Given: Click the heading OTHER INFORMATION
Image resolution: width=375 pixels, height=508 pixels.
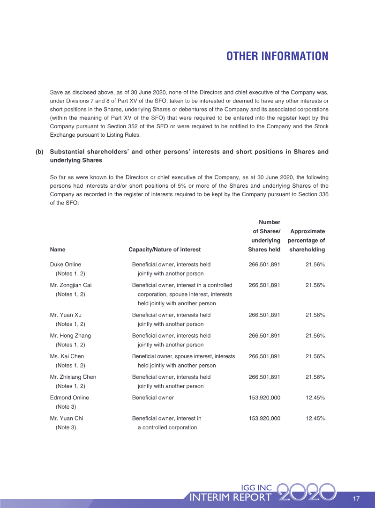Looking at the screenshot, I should pos(277,56).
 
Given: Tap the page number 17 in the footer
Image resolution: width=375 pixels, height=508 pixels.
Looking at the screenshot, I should pos(356,498).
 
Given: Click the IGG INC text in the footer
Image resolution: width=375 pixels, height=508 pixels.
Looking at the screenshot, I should pos(256,488).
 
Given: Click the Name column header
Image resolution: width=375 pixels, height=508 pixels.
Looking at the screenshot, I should pos(58,250).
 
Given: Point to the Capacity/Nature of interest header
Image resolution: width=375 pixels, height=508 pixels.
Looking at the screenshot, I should pos(165,250).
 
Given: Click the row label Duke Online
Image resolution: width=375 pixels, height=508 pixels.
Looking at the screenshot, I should pos(66,265).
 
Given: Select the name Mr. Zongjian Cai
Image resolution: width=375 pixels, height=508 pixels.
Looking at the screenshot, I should pos(71,285).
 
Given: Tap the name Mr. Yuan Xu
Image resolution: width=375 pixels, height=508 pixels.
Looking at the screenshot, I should pos(66,315).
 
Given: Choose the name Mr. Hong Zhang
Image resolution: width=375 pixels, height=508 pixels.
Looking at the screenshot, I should pos(70,336).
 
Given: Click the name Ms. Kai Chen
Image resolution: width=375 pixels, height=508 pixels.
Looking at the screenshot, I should pos(67,356).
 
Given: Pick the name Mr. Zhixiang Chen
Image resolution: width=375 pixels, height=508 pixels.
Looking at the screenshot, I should pos(73,377).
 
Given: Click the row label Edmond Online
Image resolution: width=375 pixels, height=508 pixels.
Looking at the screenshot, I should pos(69,398).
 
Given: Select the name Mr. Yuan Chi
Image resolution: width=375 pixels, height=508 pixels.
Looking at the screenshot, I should pos(67,418).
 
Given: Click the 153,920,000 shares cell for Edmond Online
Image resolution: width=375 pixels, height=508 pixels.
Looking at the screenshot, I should pos(264,398).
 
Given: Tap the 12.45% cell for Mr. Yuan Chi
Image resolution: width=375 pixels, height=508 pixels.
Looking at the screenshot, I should pos(315,418).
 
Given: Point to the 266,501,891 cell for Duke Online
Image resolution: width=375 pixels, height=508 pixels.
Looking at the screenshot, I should pos(264,265).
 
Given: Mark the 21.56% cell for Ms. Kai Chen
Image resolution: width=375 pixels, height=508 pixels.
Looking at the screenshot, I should pos(315,356).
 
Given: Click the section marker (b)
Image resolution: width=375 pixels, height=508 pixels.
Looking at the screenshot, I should pos(39,152).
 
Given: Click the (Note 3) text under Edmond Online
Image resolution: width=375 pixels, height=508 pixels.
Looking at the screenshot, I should pos(66,407).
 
